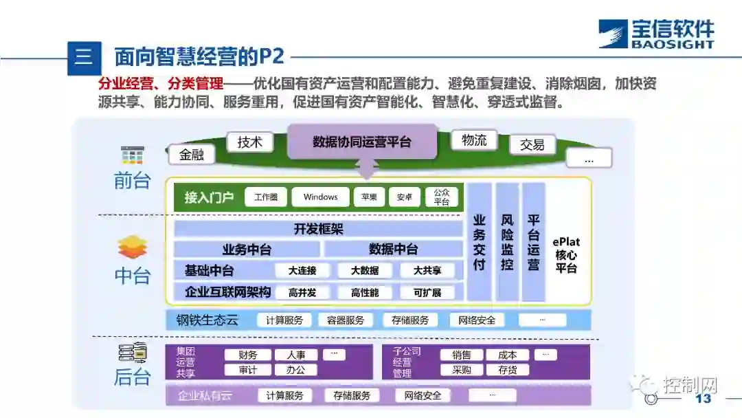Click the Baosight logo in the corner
[655, 34]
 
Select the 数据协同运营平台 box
[362, 142]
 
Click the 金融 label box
[192, 155]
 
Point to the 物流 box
[474, 140]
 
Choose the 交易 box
[532, 144]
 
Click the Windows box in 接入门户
[320, 197]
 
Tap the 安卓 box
[404, 197]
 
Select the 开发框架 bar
[318, 229]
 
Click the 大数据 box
[364, 270]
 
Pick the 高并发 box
[302, 292]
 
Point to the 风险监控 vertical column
[507, 242]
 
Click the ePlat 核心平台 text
[567, 255]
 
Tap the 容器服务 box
[346, 320]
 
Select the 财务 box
[248, 355]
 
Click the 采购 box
[461, 370]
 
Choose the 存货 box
[507, 370]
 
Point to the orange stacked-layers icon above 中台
[132, 247]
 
